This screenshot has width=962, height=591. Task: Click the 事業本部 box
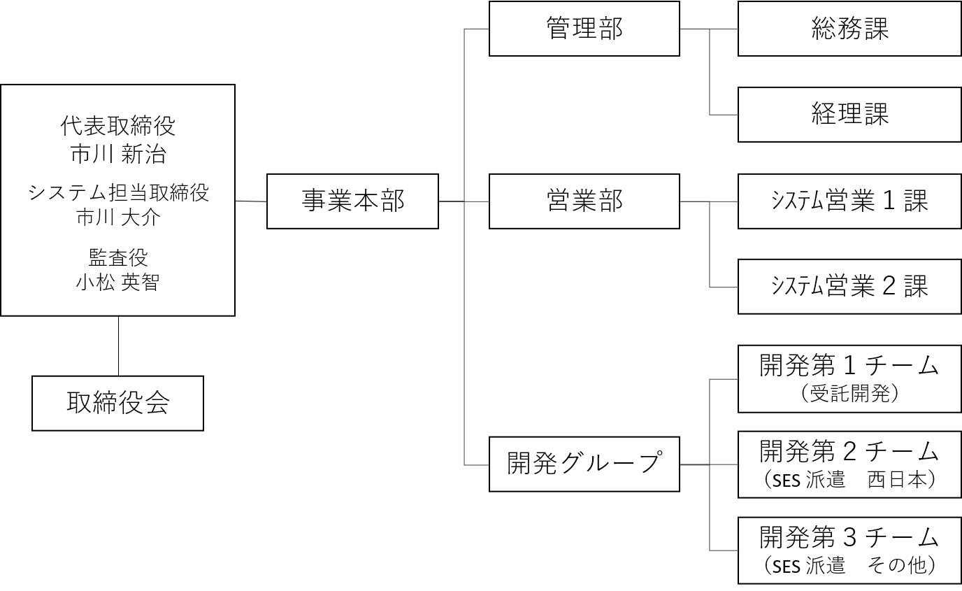point(352,201)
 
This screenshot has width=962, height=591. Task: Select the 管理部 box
point(584,29)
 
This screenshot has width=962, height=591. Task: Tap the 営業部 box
point(584,201)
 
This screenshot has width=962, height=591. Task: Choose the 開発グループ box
point(584,464)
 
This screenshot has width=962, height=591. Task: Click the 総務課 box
point(849,29)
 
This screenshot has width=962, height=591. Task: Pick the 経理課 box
point(849,115)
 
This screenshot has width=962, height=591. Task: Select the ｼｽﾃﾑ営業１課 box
point(849,201)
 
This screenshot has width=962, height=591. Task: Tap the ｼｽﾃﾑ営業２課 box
point(849,287)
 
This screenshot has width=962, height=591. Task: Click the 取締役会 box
point(117,404)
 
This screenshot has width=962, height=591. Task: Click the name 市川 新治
point(117,154)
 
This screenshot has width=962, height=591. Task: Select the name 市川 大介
point(117,217)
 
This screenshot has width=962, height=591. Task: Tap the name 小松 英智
point(117,283)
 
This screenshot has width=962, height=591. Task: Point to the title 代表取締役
point(117,127)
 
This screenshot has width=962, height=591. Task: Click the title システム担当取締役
point(117,192)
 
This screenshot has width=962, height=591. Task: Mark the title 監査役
point(117,257)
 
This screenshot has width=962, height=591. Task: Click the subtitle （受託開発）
point(849,395)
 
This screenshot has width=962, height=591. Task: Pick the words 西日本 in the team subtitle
point(898,481)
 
